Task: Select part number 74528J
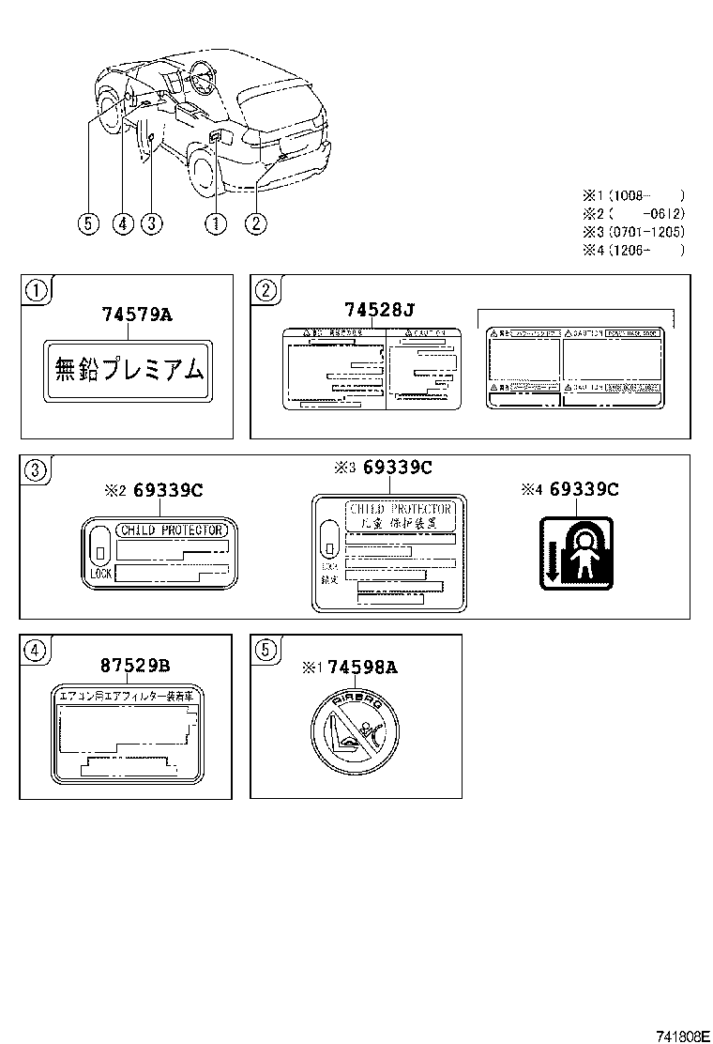[378, 311]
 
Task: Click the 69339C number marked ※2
[168, 489]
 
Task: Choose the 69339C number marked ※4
[584, 488]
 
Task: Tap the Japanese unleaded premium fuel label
[127, 371]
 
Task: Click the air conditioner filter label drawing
[127, 732]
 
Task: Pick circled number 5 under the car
[88, 223]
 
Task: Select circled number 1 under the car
[217, 223]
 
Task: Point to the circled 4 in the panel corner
[33, 649]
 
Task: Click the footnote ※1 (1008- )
[633, 196]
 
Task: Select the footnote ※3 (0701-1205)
[633, 232]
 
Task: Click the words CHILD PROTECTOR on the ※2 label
[172, 530]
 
